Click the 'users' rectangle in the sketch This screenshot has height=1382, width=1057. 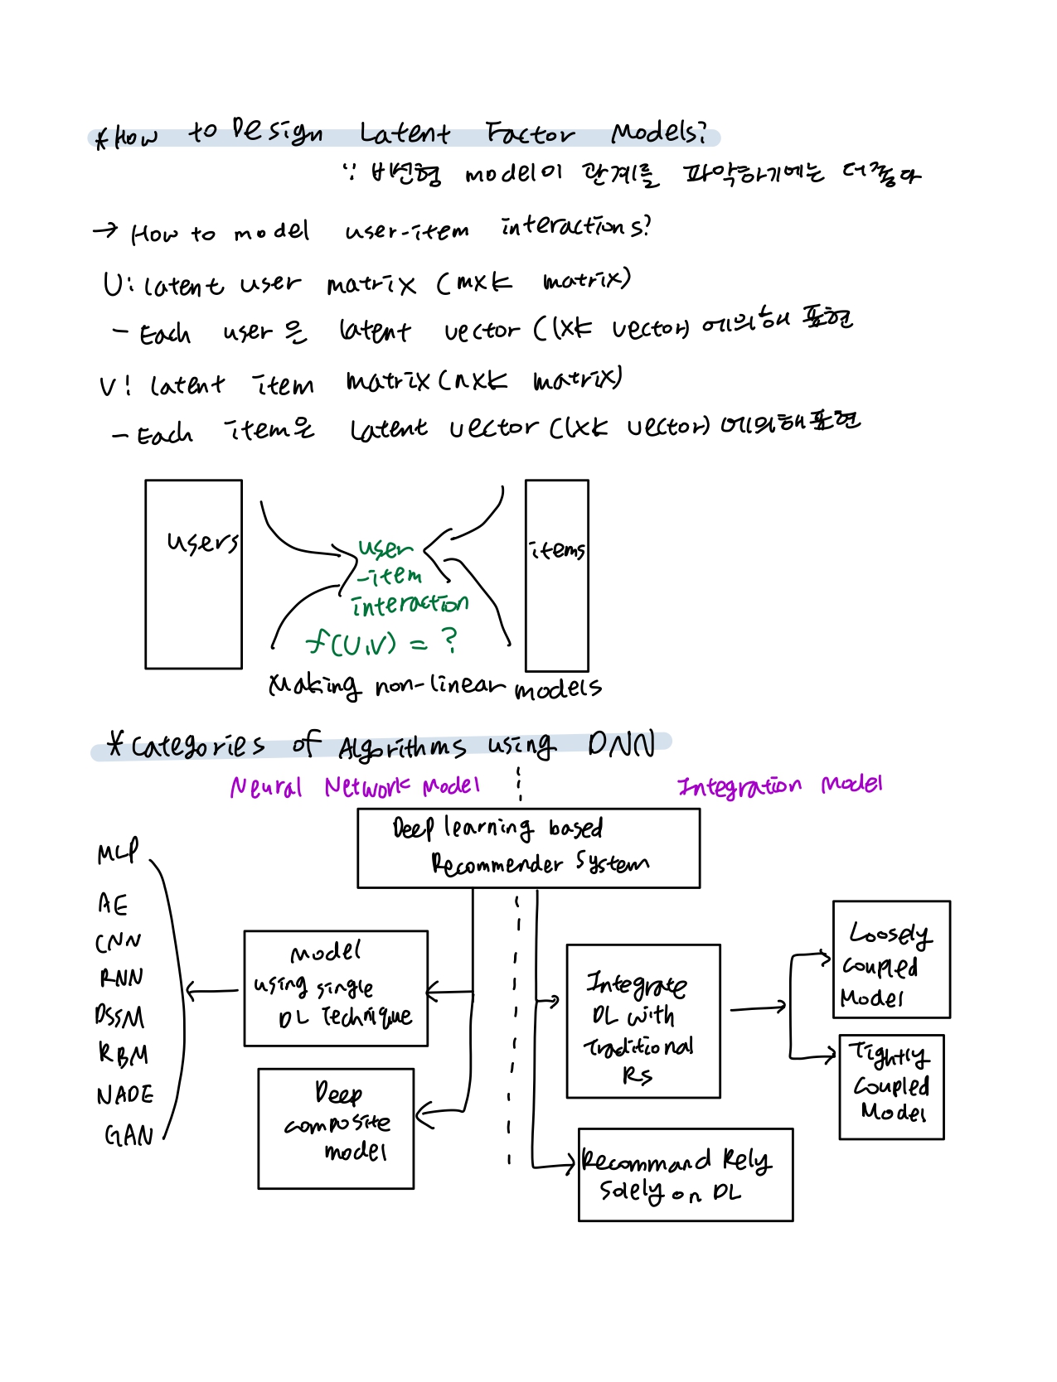[x=193, y=574]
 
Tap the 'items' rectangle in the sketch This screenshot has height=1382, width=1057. [x=556, y=576]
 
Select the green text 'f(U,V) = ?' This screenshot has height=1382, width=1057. [x=381, y=641]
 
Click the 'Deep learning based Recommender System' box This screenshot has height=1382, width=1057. [x=528, y=848]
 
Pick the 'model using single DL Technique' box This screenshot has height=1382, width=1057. [x=336, y=988]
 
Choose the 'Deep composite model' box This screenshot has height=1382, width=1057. [x=336, y=1128]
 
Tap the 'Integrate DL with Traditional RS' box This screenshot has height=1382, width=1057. [x=642, y=1021]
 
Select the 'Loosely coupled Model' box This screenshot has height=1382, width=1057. [x=890, y=959]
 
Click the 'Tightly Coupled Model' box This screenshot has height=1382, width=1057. [x=890, y=1086]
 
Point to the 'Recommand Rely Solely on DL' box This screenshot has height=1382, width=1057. [x=685, y=1174]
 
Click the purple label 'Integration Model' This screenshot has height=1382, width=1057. [x=779, y=785]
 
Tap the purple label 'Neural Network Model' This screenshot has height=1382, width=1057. [x=354, y=786]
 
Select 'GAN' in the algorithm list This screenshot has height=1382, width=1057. [x=128, y=1134]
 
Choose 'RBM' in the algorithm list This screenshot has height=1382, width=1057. [x=123, y=1054]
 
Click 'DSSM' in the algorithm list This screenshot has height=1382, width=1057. [x=119, y=1016]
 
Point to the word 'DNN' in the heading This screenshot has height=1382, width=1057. [x=621, y=745]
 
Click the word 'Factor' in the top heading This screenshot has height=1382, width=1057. [x=530, y=133]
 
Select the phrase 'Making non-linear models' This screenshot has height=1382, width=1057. [x=434, y=686]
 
